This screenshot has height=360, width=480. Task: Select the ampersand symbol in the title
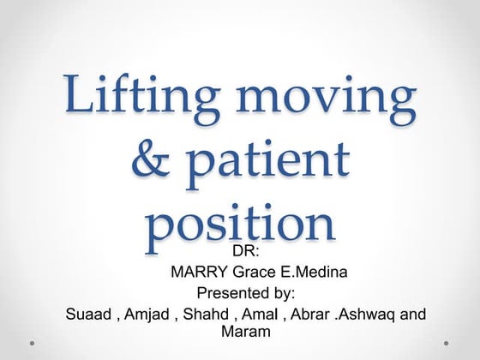(x=153, y=162)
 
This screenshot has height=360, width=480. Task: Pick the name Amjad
(x=147, y=314)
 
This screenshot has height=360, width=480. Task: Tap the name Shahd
(x=205, y=314)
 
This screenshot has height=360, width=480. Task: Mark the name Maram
(x=246, y=331)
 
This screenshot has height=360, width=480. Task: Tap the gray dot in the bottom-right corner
(x=447, y=344)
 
